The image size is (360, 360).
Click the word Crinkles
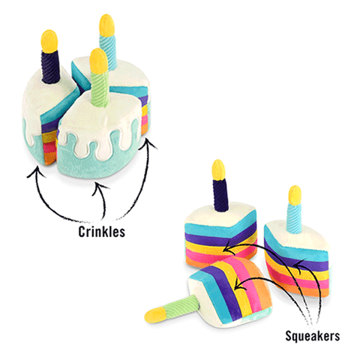pyautogui.click(x=101, y=232)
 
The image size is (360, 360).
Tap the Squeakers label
pyautogui.click(x=313, y=335)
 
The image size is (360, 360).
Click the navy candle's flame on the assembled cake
pyautogui.click(x=49, y=41)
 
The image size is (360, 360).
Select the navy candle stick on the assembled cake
pyautogui.click(x=51, y=65)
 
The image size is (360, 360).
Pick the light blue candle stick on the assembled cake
pyautogui.click(x=109, y=51)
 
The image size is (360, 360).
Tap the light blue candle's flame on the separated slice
pyautogui.click(x=295, y=195)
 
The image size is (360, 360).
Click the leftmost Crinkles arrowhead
pyautogui.click(x=37, y=172)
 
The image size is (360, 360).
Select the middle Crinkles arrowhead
pyautogui.click(x=100, y=187)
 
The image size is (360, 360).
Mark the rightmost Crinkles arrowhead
pyautogui.click(x=148, y=145)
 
